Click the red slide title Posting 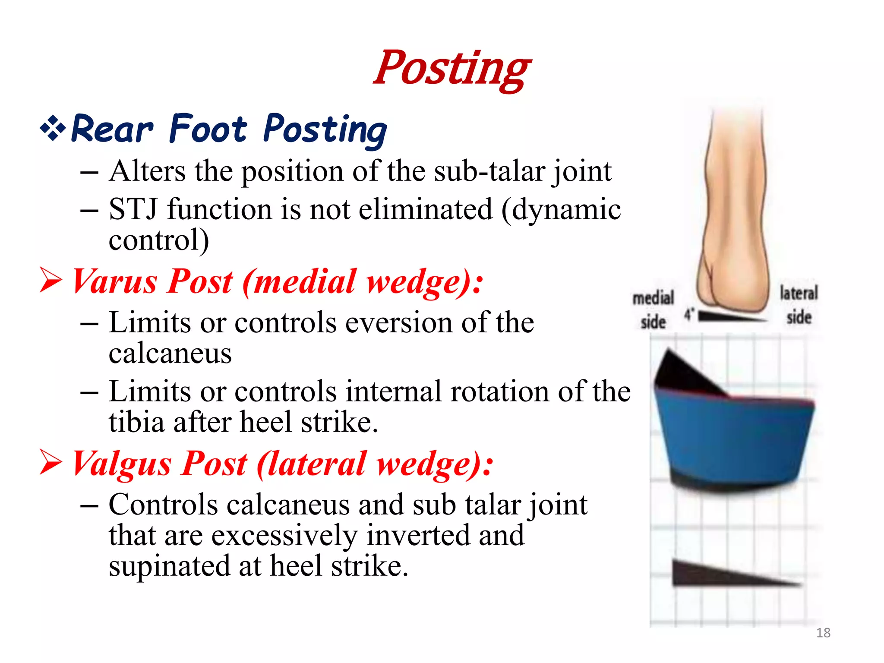[452, 69]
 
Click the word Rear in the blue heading [112, 129]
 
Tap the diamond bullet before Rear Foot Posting [53, 128]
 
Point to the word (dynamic [561, 209]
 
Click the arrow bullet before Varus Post [51, 281]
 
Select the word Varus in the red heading [115, 281]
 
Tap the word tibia [136, 422]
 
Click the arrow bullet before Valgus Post [51, 463]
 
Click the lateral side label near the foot [799, 305]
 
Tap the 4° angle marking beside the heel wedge [689, 314]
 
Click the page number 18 [823, 633]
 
